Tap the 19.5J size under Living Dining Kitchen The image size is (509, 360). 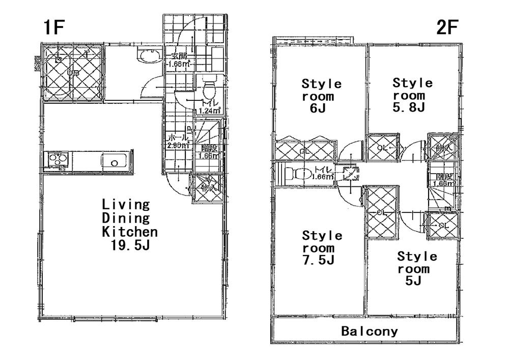tap(130, 245)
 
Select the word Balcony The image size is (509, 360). tap(369, 331)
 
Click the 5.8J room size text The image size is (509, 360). tap(412, 107)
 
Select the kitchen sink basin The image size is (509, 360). tap(115, 162)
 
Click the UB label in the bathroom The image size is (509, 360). tap(73, 73)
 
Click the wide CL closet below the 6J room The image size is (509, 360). tap(304, 150)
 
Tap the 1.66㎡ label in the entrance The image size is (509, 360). tap(179, 64)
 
